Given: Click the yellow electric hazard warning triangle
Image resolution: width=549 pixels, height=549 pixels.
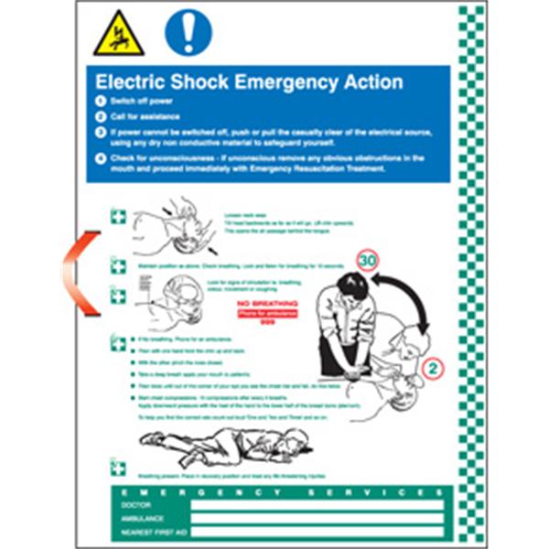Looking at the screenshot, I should [118, 34].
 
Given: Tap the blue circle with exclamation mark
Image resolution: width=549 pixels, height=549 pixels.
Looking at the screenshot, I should [188, 33].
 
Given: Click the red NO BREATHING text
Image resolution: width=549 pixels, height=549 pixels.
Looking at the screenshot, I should [268, 301].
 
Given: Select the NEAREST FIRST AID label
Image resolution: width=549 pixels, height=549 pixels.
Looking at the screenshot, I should [151, 531].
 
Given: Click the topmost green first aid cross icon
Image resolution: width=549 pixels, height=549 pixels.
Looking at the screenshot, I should [117, 217].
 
